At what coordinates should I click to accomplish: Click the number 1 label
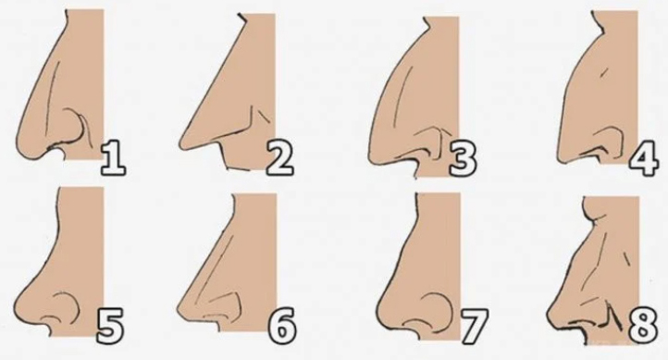pos(113,159)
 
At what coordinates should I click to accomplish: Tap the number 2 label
pos(280,158)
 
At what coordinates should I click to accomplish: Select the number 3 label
pos(463,160)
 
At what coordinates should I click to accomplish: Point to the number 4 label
pos(644,160)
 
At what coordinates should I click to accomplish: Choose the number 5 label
pos(110,326)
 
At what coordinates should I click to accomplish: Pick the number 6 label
pos(282,325)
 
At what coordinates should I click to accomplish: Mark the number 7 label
pos(474,326)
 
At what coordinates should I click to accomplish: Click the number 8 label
pos(643,326)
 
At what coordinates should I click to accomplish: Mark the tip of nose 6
pos(179,312)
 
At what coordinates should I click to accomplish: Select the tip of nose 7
pos(380,313)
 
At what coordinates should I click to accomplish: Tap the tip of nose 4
pos(560,151)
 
